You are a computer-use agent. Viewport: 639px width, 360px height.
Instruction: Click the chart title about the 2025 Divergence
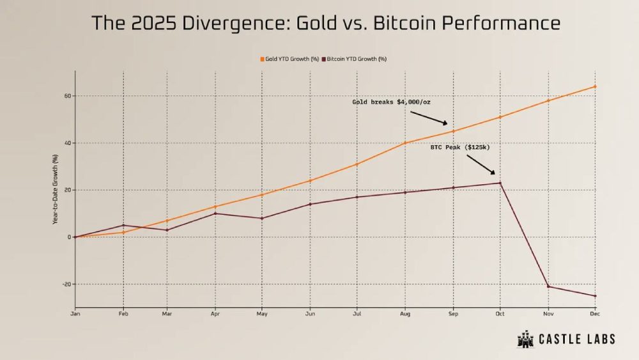pos(326,24)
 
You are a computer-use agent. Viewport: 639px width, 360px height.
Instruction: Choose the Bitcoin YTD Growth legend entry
pos(356,59)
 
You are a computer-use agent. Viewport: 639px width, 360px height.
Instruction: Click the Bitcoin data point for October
pos(500,183)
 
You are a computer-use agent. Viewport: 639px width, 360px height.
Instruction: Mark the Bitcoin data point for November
pos(548,286)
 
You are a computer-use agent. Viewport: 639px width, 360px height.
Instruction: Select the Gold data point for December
pos(596,86)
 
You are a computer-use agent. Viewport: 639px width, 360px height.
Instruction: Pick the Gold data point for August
pos(406,143)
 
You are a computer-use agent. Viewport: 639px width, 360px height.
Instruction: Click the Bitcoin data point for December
pos(596,295)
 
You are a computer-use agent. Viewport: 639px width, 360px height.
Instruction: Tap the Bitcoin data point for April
pos(216,213)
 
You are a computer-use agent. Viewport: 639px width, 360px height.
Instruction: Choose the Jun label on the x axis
pos(311,313)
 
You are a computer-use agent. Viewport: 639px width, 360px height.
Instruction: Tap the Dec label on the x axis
pos(595,313)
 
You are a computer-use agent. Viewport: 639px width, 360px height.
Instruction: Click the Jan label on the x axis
pos(75,313)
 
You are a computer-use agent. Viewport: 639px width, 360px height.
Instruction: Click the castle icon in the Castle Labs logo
pos(525,340)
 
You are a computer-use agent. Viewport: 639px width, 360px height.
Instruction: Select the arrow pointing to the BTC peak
pos(484,165)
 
